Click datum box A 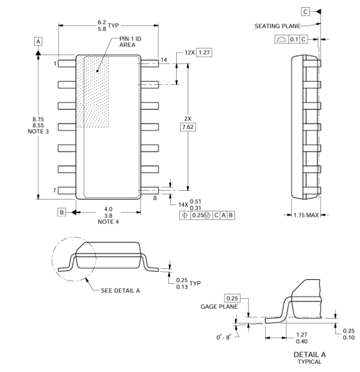38,42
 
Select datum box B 61,212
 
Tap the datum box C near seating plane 306,12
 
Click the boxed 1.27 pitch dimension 204,53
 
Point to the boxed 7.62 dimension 188,127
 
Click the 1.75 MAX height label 306,215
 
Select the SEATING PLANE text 277,26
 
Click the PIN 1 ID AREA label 130,42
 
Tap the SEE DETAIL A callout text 120,291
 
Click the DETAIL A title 310,354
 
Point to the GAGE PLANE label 219,307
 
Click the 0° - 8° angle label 224,337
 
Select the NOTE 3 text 38,131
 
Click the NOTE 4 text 109,222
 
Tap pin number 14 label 164,60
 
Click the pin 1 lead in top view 67,63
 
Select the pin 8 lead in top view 150,190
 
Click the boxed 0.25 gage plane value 232,298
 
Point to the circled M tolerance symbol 207,216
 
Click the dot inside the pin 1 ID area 97,71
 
